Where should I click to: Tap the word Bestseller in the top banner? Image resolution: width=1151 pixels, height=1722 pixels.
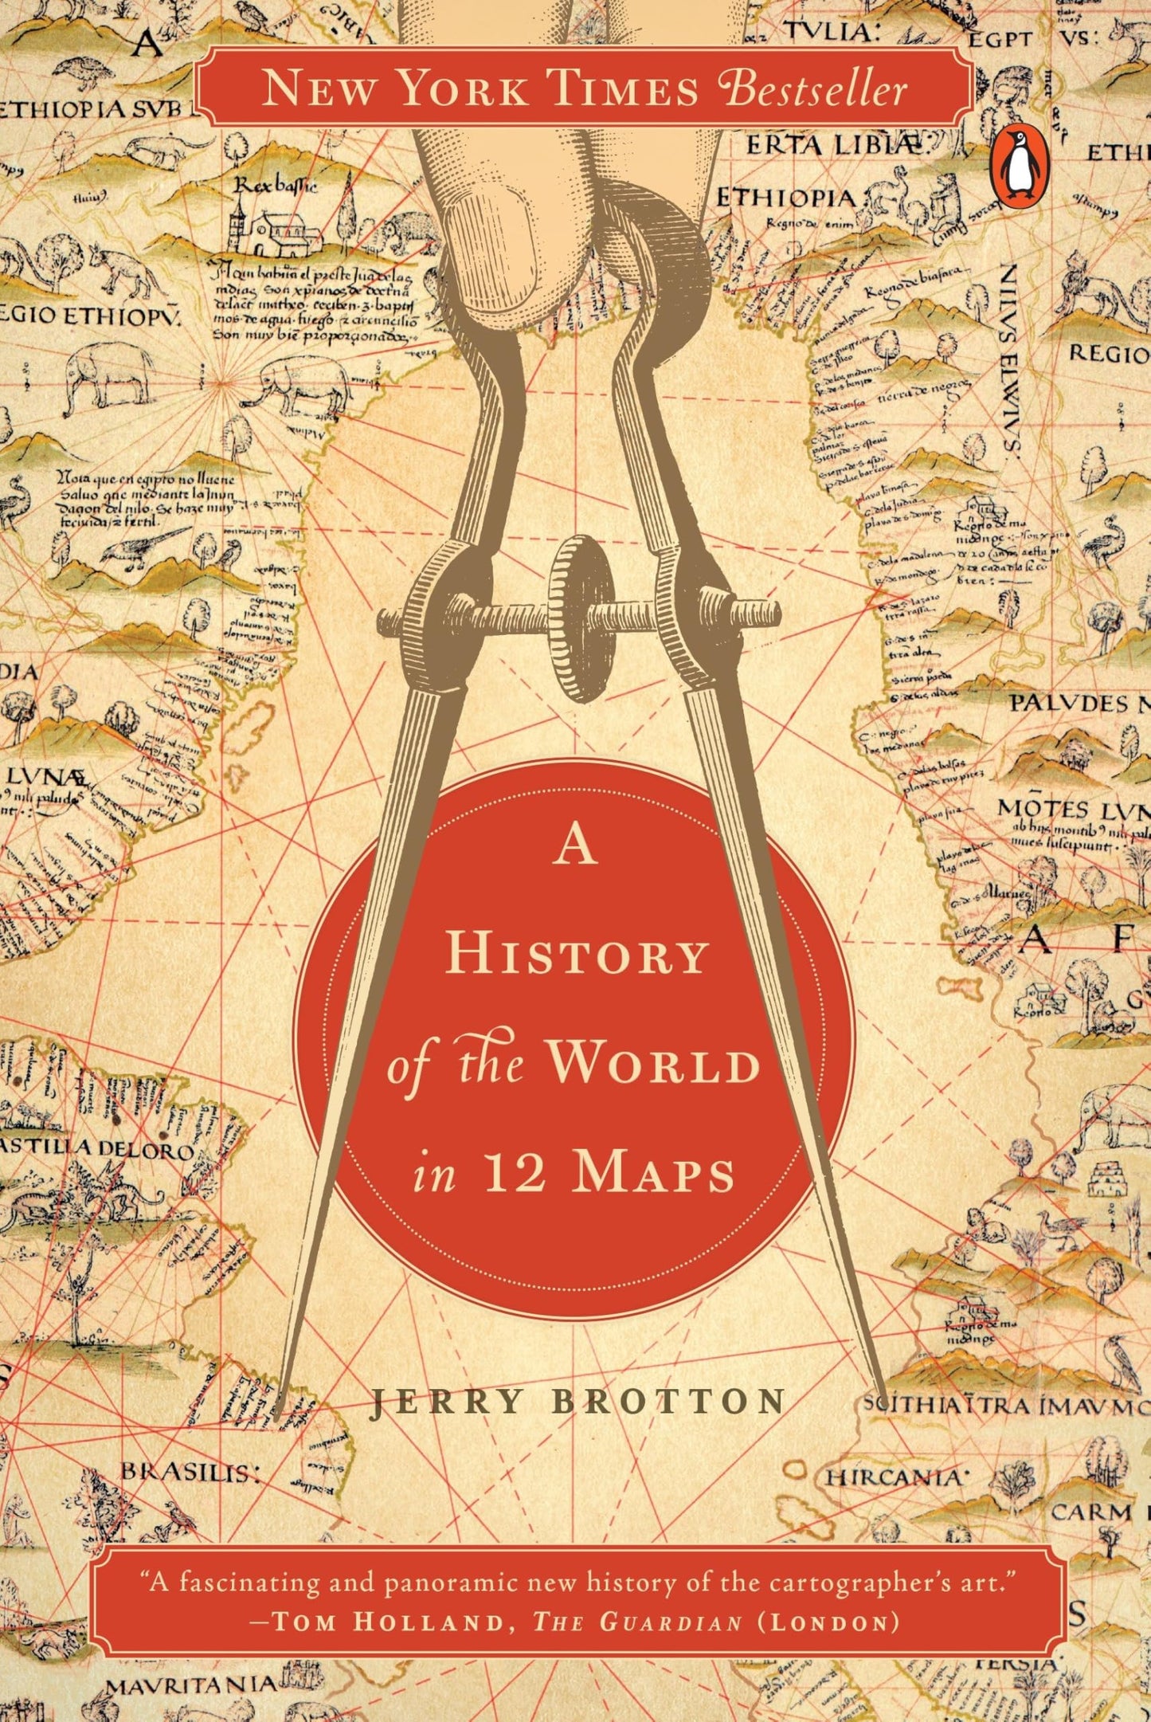[815, 89]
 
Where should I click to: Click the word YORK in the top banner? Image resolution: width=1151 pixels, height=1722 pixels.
[462, 89]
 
